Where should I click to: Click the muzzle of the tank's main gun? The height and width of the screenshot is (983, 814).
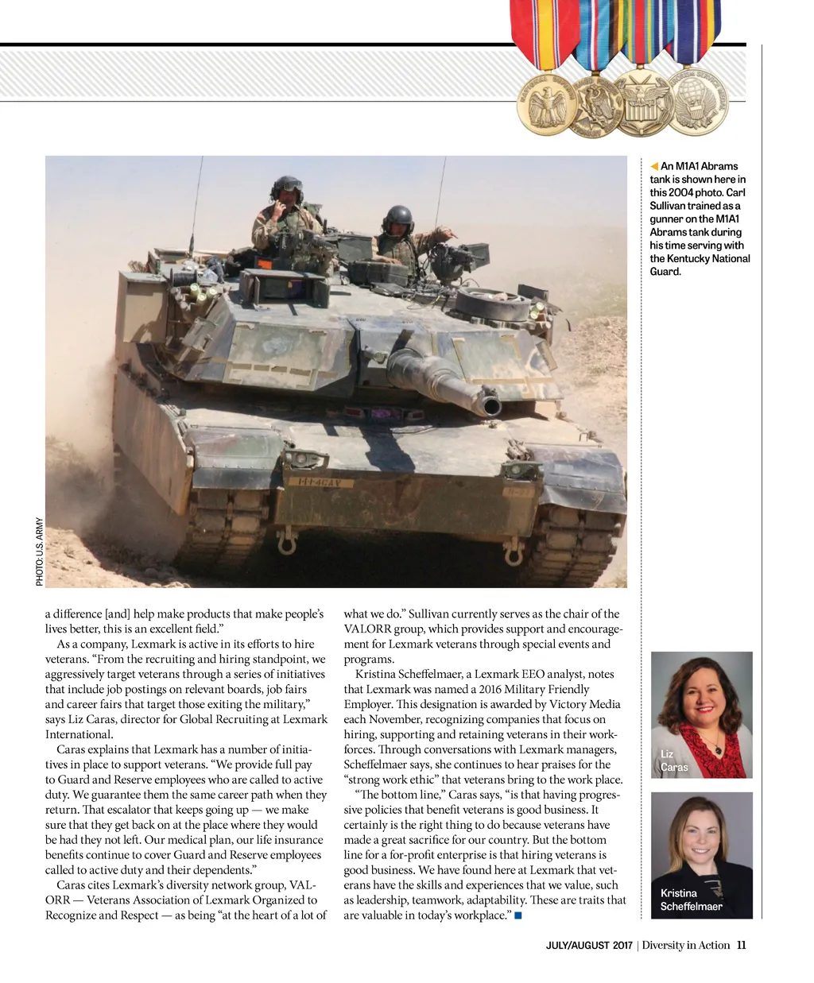490,406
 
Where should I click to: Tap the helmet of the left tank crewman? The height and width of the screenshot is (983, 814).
287,188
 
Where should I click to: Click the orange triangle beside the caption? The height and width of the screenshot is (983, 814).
654,166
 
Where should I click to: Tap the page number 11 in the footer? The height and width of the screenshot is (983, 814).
741,945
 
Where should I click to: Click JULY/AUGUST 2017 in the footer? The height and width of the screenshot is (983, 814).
588,946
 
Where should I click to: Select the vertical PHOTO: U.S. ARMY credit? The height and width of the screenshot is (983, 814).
39,552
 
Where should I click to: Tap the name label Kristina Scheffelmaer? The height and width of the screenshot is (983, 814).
691,900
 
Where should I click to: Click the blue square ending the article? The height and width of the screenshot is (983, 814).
517,915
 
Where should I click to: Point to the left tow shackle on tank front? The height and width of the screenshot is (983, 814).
287,543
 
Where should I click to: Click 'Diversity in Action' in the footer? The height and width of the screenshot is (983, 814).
686,945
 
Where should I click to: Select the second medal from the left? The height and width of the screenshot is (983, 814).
595,106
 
